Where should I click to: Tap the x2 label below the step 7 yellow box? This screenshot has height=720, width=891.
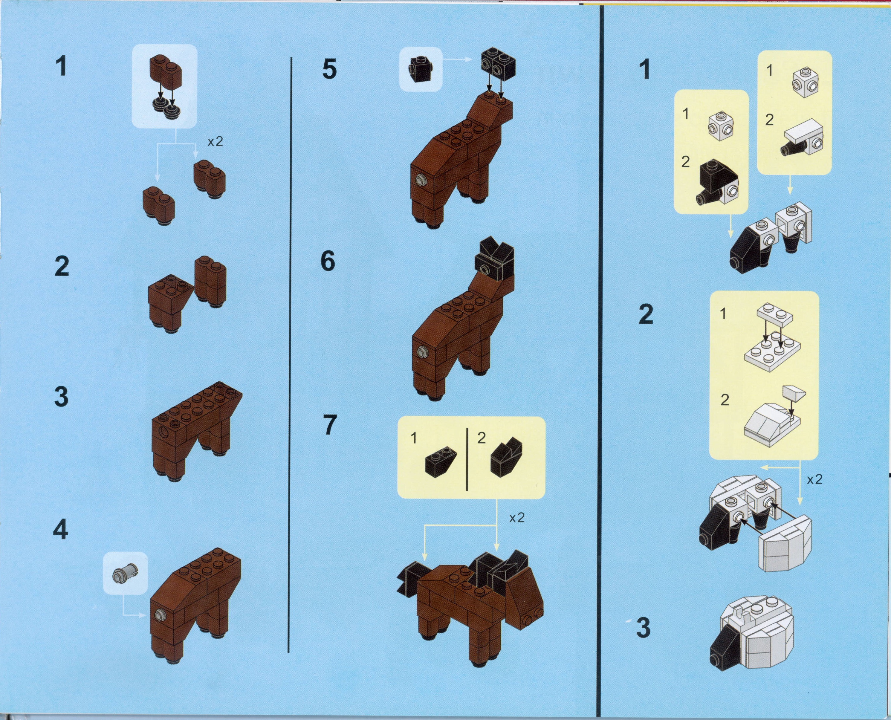coord(517,518)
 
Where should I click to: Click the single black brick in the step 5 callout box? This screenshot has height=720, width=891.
coord(421,69)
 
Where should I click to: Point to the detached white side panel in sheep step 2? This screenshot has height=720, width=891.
coord(785,544)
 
